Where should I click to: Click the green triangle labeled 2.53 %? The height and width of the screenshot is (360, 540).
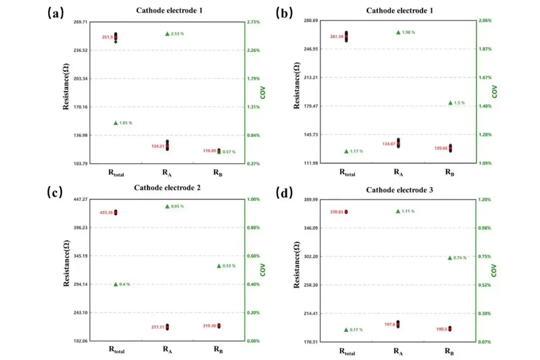[167, 34]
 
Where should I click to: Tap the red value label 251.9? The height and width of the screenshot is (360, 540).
[107, 37]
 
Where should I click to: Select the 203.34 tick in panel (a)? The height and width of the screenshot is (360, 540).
[81, 78]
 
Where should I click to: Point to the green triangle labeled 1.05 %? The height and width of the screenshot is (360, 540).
[116, 123]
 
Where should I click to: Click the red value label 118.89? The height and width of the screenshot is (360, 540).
[210, 151]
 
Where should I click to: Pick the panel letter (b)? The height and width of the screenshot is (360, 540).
[284, 13]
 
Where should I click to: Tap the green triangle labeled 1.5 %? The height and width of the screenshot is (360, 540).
[450, 103]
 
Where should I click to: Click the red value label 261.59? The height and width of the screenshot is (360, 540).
[337, 37]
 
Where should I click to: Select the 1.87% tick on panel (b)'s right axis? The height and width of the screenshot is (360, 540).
[485, 49]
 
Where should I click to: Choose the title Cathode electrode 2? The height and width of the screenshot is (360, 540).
[167, 188]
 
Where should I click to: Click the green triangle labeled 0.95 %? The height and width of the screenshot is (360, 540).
[167, 207]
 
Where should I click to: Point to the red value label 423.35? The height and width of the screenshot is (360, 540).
[106, 213]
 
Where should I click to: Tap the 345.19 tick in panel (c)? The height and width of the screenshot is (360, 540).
[81, 256]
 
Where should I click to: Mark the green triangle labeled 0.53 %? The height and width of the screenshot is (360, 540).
[219, 266]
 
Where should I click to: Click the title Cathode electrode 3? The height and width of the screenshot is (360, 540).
[400, 190]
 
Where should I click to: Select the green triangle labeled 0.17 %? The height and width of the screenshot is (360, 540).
[346, 330]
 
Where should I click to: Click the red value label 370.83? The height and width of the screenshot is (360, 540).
[337, 212]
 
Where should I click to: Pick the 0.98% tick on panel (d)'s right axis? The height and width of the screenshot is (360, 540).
[485, 228]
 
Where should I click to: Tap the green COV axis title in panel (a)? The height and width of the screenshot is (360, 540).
[263, 93]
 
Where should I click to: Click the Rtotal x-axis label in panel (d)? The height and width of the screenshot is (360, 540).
[347, 352]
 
